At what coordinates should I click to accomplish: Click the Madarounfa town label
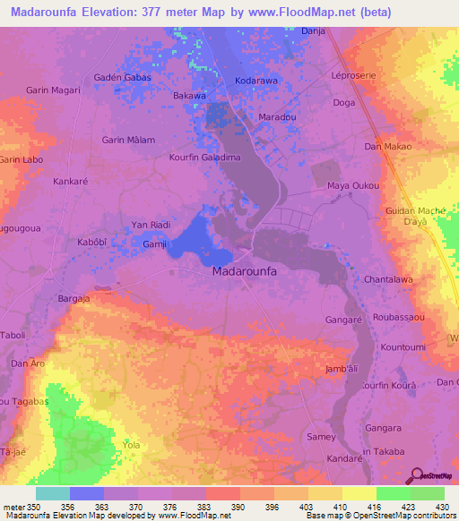tap(246, 270)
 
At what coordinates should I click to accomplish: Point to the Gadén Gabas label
tap(123, 78)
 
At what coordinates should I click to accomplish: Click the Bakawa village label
tap(189, 95)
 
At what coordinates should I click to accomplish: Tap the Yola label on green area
tap(131, 443)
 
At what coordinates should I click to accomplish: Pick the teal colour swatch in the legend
tap(53, 493)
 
